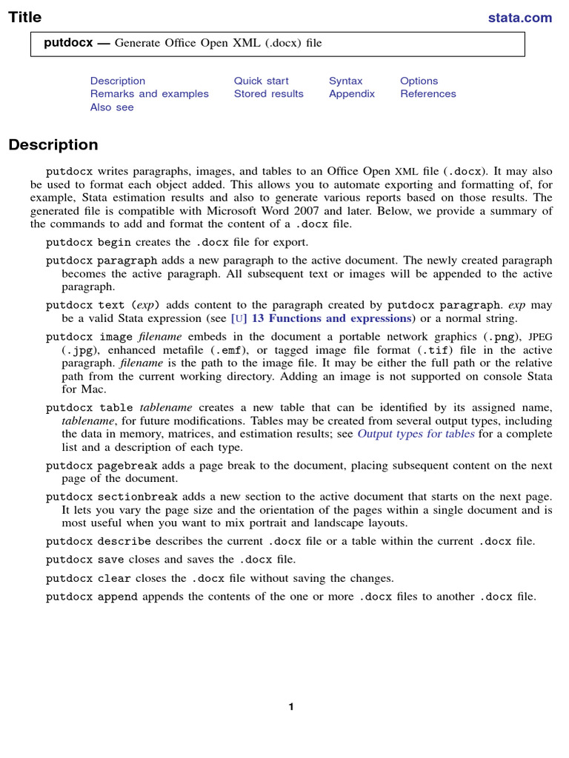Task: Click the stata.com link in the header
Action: coord(519,18)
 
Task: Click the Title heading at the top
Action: coord(25,17)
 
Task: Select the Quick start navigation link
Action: coord(261,81)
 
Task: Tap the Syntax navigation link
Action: coord(346,81)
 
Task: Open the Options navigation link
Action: coord(419,81)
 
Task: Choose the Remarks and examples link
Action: coord(149,94)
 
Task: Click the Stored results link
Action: coord(268,94)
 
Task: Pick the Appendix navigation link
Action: coord(352,94)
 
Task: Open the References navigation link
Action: coord(428,94)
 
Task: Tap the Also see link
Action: coord(112,107)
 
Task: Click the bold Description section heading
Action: coord(53,145)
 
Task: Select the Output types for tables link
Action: coord(416,435)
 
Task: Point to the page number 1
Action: coord(291,707)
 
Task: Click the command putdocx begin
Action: coord(87,242)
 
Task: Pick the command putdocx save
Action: coord(85,560)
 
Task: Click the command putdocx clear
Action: coord(87,578)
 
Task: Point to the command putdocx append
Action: coord(92,597)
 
